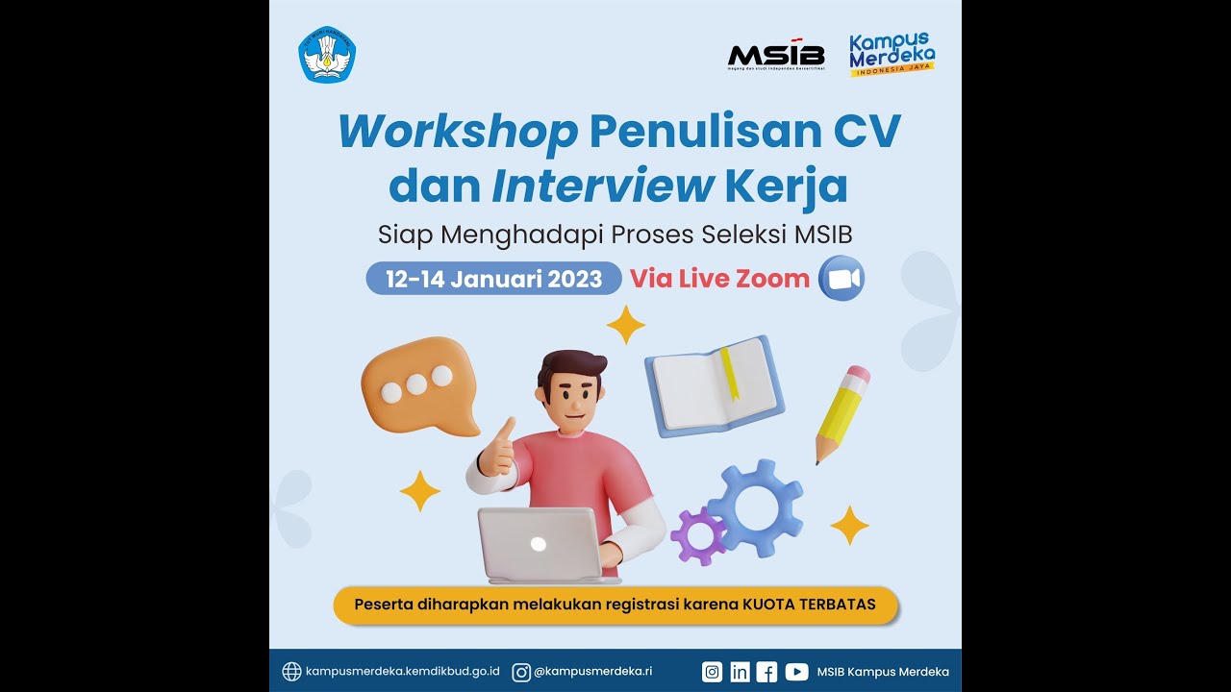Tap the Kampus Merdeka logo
[x=892, y=55]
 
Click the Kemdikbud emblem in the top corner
[x=327, y=55]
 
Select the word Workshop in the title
[x=458, y=132]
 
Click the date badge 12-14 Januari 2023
[x=493, y=279]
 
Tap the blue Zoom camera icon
[x=842, y=279]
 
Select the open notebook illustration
[x=714, y=383]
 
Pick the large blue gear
[x=756, y=507]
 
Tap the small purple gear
[x=699, y=535]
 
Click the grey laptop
[x=540, y=545]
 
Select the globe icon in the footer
[x=291, y=672]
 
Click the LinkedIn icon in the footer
[x=740, y=672]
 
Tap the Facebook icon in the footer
[x=766, y=672]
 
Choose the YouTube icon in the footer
[x=796, y=672]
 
